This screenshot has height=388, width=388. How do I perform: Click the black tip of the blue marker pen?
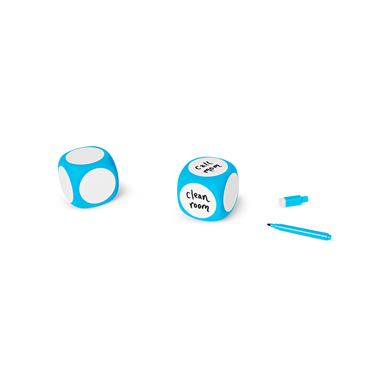pos(268,225)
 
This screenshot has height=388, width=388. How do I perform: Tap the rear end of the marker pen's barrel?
pos(331,237)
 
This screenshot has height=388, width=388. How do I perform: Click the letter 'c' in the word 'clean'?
pos(188,195)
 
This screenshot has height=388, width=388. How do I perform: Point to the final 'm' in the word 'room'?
pos(206,207)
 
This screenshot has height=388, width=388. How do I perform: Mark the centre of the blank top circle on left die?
pos(85,156)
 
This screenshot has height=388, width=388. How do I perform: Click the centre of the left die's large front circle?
pos(97,186)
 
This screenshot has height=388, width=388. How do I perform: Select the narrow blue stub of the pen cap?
pos(305,199)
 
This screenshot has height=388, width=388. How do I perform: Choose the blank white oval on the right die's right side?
pos(231,192)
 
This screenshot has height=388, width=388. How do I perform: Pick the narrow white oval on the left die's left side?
pos(66,184)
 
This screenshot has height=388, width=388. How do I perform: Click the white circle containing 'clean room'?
pos(198,200)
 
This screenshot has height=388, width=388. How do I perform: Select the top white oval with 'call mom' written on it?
pos(208,167)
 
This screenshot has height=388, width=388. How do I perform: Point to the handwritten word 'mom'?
pos(213,169)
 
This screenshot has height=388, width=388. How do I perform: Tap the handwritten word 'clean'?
pos(198,196)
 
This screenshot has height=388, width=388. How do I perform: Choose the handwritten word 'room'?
pos(199,206)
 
